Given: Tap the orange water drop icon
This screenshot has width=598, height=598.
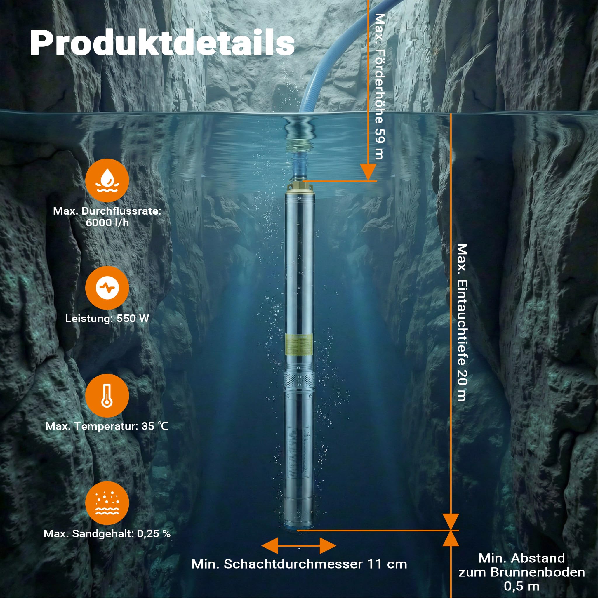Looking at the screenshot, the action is [107, 180].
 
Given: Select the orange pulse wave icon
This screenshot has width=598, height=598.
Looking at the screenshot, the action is [107, 288].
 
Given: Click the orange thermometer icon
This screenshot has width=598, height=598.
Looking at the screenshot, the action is [107, 395].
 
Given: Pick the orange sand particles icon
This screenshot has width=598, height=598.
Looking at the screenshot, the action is [107, 503].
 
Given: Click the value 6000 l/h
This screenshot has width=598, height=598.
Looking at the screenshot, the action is [107, 222].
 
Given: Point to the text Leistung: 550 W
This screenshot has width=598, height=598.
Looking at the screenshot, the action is [107, 319].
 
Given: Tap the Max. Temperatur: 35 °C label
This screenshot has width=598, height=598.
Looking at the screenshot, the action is [107, 426].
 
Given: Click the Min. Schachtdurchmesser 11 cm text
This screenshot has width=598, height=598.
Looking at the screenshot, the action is [299, 564].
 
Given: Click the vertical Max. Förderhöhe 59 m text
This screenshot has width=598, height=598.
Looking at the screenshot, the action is [380, 86].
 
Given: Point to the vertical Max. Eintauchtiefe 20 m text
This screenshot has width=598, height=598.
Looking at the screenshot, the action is [462, 323].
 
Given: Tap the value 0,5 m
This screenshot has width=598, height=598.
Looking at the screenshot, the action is [522, 586].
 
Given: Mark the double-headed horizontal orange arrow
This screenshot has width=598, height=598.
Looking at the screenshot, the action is [299, 545].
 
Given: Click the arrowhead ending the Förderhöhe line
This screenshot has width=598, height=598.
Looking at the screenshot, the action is [368, 172].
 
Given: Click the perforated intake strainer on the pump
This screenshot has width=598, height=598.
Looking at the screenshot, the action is [299, 380].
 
